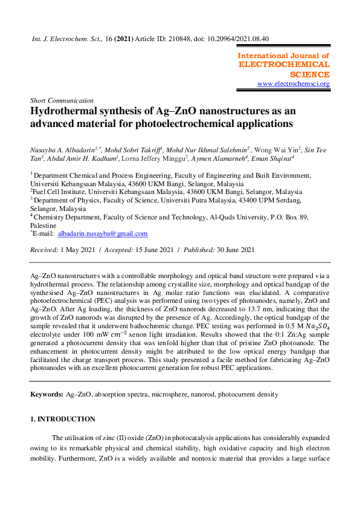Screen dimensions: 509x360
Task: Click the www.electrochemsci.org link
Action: click(x=293, y=83)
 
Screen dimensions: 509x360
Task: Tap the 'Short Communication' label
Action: click(x=62, y=100)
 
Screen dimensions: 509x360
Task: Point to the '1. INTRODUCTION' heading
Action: click(x=63, y=419)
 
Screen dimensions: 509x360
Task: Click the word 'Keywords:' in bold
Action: click(x=47, y=394)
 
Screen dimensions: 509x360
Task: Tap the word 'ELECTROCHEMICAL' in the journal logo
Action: click(x=284, y=64)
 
